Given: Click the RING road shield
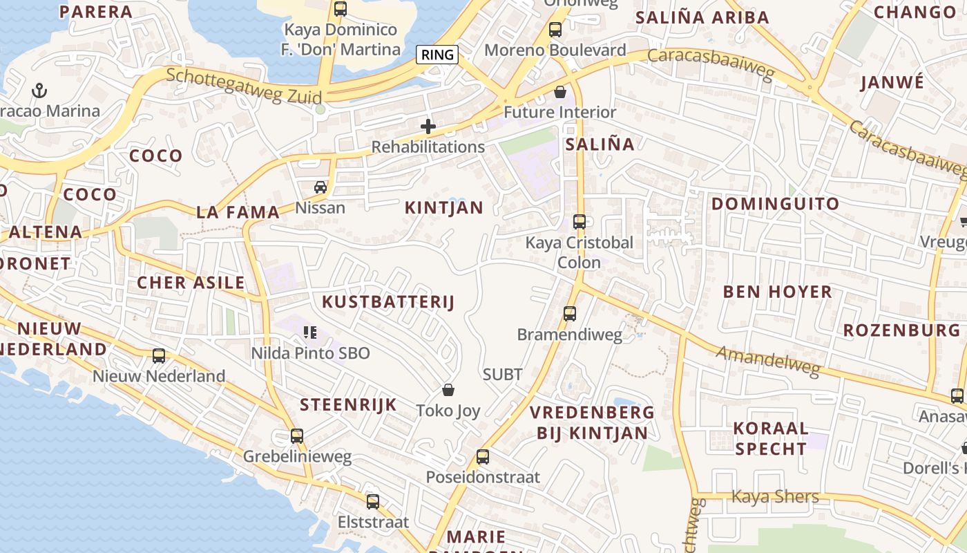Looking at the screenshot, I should (x=437, y=55).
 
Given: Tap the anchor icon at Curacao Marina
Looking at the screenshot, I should (x=39, y=91).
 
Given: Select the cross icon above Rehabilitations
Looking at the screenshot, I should (x=428, y=126).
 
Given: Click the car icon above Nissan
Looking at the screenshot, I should (x=320, y=187).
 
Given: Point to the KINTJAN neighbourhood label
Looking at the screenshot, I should (x=444, y=207).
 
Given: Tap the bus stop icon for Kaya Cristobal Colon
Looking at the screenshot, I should (x=579, y=222).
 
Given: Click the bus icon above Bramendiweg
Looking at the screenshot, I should (x=570, y=314).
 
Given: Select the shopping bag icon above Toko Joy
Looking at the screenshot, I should (x=448, y=391).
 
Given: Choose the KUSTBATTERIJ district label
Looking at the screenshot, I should (x=388, y=302).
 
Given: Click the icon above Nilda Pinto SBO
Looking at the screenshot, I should (x=310, y=333).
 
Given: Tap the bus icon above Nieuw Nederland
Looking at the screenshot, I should (x=159, y=356).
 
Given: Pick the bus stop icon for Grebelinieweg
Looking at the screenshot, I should (x=297, y=436).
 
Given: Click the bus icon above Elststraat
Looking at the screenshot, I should (x=373, y=502).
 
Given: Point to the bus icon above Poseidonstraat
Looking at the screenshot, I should (x=483, y=457).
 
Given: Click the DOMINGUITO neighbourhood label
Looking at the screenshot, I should (x=776, y=204).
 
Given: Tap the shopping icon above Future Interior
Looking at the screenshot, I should (x=559, y=92).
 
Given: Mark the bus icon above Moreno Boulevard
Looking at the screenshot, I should (x=555, y=30).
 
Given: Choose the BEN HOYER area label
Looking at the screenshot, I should (x=778, y=292).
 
